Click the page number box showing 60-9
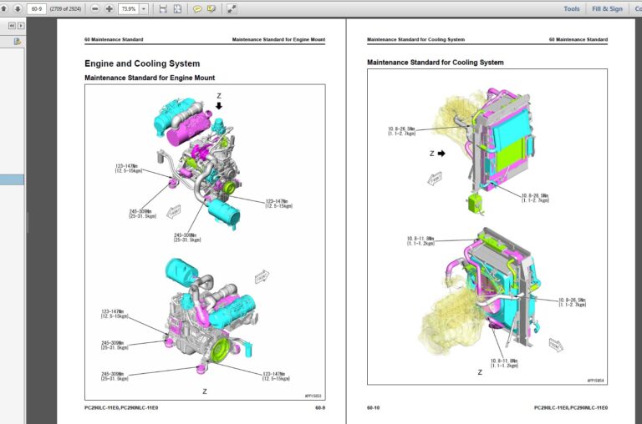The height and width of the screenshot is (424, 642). (x=36, y=8)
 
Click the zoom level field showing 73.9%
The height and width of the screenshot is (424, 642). (x=128, y=8)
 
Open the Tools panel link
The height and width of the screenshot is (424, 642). (x=571, y=8)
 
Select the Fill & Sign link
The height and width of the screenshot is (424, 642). (x=607, y=8)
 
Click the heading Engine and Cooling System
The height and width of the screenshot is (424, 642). (x=142, y=63)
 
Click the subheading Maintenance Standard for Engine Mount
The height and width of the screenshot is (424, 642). (x=150, y=78)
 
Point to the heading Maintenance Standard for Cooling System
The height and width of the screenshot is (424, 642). (x=436, y=63)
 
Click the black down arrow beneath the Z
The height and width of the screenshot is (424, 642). (x=219, y=107)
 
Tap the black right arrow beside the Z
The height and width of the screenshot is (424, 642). (x=440, y=154)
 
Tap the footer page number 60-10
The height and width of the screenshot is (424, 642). (x=374, y=408)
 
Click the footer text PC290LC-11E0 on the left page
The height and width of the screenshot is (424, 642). (x=102, y=408)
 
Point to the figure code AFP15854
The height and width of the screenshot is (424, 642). (x=595, y=379)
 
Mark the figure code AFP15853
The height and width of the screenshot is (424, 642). (x=312, y=395)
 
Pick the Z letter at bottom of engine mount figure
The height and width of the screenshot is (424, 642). (x=204, y=390)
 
